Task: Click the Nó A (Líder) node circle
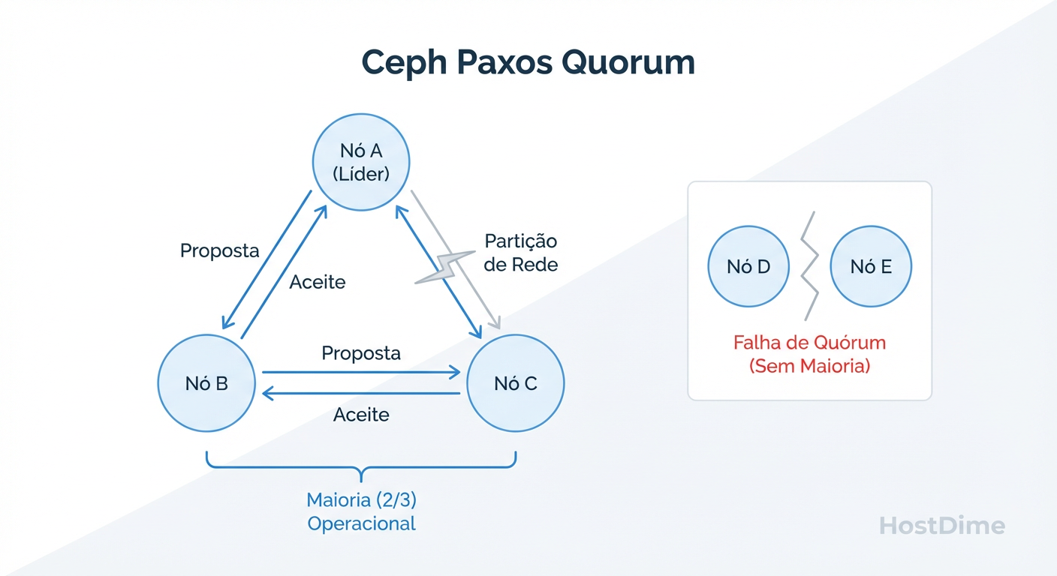click(361, 162)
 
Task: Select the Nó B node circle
click(206, 383)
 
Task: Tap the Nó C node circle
click(515, 383)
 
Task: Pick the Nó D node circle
click(748, 267)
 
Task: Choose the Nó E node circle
click(871, 267)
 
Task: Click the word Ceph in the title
click(402, 62)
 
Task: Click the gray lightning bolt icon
click(442, 268)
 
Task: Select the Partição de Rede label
click(521, 253)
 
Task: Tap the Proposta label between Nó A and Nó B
click(219, 250)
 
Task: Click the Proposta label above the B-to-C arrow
click(361, 352)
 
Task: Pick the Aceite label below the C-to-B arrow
click(361, 415)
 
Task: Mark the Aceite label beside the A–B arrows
click(318, 282)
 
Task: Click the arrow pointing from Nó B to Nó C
click(360, 372)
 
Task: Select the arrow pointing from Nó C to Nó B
click(360, 394)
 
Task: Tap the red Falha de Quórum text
click(809, 343)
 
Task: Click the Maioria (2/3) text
click(361, 499)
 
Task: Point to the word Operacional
click(361, 523)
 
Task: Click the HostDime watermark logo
click(941, 526)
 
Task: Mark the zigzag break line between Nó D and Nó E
click(808, 266)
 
